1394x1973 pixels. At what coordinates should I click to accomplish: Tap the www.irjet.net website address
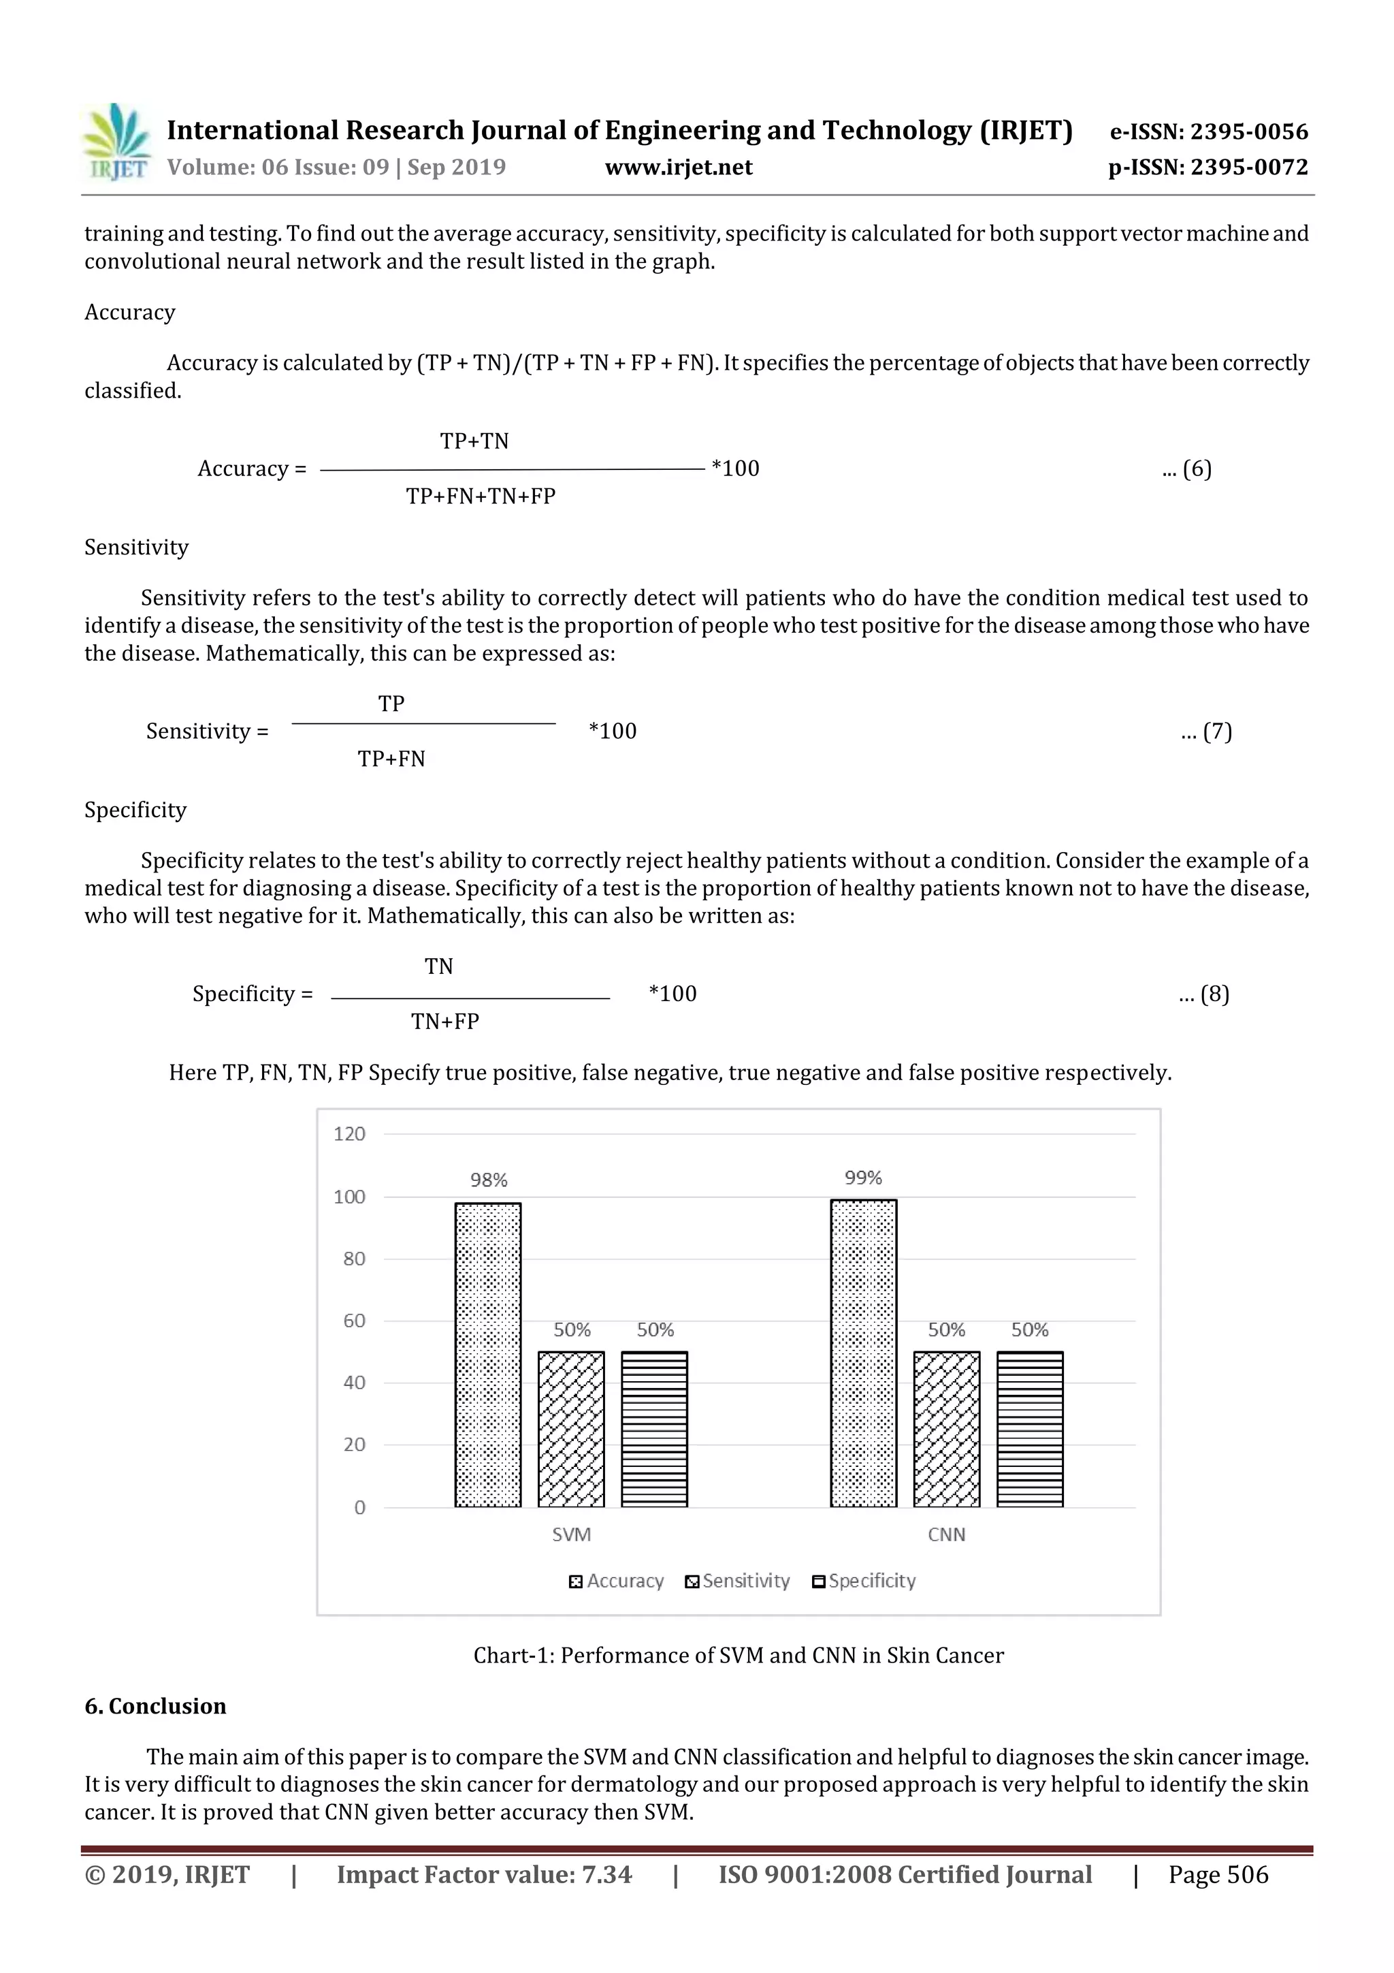(679, 168)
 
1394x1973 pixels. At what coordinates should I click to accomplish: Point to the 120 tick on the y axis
(350, 1135)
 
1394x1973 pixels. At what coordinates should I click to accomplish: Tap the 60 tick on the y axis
(354, 1321)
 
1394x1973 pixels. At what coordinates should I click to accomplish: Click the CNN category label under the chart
(947, 1535)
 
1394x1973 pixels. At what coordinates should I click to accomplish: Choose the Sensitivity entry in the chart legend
(738, 1581)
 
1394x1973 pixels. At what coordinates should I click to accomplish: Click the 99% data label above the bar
(863, 1178)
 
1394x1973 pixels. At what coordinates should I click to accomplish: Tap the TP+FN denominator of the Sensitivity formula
(391, 759)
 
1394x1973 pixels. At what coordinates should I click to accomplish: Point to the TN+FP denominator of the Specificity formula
(445, 1022)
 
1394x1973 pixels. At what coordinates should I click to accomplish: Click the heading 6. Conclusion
(155, 1707)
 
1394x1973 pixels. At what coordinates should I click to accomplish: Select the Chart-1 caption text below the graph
(738, 1656)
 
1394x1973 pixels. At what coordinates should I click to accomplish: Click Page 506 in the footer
(1217, 1875)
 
